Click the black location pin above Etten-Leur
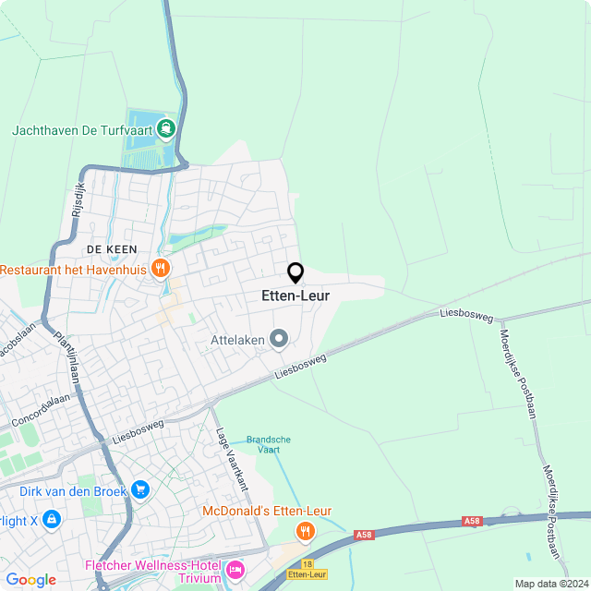coord(295,272)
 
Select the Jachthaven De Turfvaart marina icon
coord(166,127)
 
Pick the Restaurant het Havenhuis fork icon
coord(161,269)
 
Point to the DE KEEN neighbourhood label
coord(112,249)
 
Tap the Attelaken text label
coord(237,340)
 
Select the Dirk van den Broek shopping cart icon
coord(139,488)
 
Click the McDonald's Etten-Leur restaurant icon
coord(305,531)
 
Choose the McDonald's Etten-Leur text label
coord(267,511)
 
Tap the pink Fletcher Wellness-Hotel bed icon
coord(235,571)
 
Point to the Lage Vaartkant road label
coord(233,458)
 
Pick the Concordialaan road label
coord(41,409)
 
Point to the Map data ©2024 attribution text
coord(550,584)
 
